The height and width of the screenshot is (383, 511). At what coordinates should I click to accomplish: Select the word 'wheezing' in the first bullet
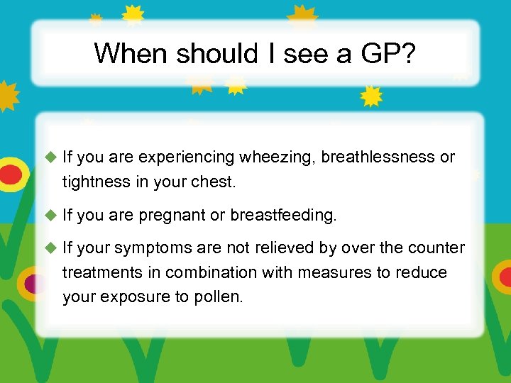(278, 157)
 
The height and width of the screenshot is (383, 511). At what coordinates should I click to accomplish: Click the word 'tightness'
(95, 182)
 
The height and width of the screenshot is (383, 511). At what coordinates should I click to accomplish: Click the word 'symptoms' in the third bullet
(150, 248)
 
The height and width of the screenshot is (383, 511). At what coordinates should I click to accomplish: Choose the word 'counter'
(438, 248)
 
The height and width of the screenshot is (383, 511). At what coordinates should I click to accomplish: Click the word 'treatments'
(99, 272)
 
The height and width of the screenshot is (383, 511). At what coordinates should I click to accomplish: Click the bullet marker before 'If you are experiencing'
(50, 157)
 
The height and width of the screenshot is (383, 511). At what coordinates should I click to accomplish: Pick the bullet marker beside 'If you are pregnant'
(50, 215)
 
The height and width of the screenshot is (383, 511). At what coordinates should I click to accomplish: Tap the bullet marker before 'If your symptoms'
(50, 248)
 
